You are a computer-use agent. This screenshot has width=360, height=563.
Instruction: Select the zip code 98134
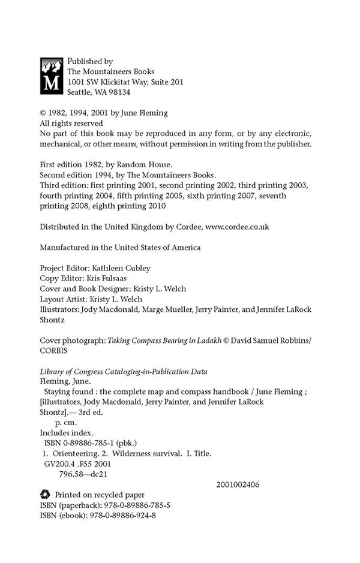pyautogui.click(x=118, y=93)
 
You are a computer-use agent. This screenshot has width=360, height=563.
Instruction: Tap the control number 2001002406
pyautogui.click(x=238, y=484)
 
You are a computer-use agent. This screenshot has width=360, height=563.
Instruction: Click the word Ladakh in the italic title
pyautogui.click(x=211, y=339)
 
